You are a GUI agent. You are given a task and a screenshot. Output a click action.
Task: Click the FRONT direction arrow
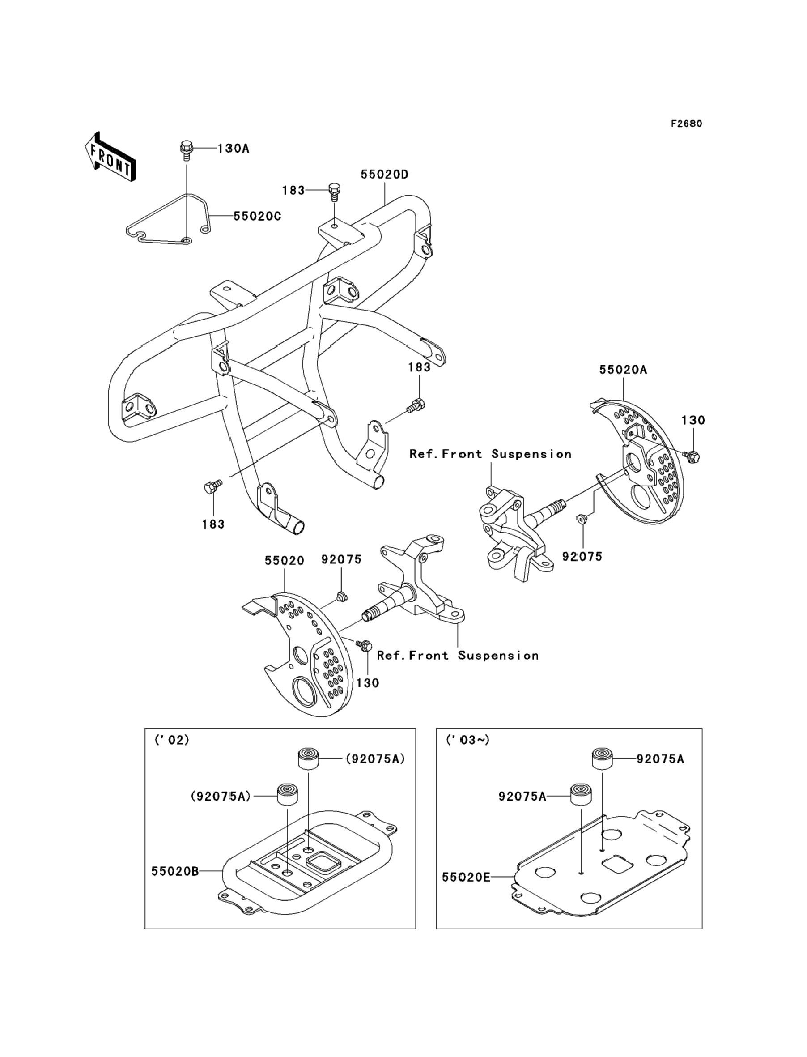pyautogui.click(x=110, y=158)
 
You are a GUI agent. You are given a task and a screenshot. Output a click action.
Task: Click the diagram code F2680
pyautogui.click(x=686, y=124)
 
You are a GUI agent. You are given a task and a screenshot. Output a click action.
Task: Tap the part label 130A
pyautogui.click(x=233, y=149)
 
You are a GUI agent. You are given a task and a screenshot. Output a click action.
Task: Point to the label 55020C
pyautogui.click(x=257, y=217)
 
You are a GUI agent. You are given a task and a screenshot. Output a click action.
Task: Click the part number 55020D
pyautogui.click(x=384, y=175)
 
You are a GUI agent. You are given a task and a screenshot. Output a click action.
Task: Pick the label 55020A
pyautogui.click(x=623, y=370)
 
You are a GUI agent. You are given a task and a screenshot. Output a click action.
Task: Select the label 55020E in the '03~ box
pyautogui.click(x=466, y=877)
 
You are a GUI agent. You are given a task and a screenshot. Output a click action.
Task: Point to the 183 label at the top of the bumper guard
pyautogui.click(x=293, y=191)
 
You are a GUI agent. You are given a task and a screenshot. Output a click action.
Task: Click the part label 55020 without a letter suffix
pyautogui.click(x=285, y=561)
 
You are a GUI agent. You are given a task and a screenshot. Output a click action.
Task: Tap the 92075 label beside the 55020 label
pyautogui.click(x=341, y=560)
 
